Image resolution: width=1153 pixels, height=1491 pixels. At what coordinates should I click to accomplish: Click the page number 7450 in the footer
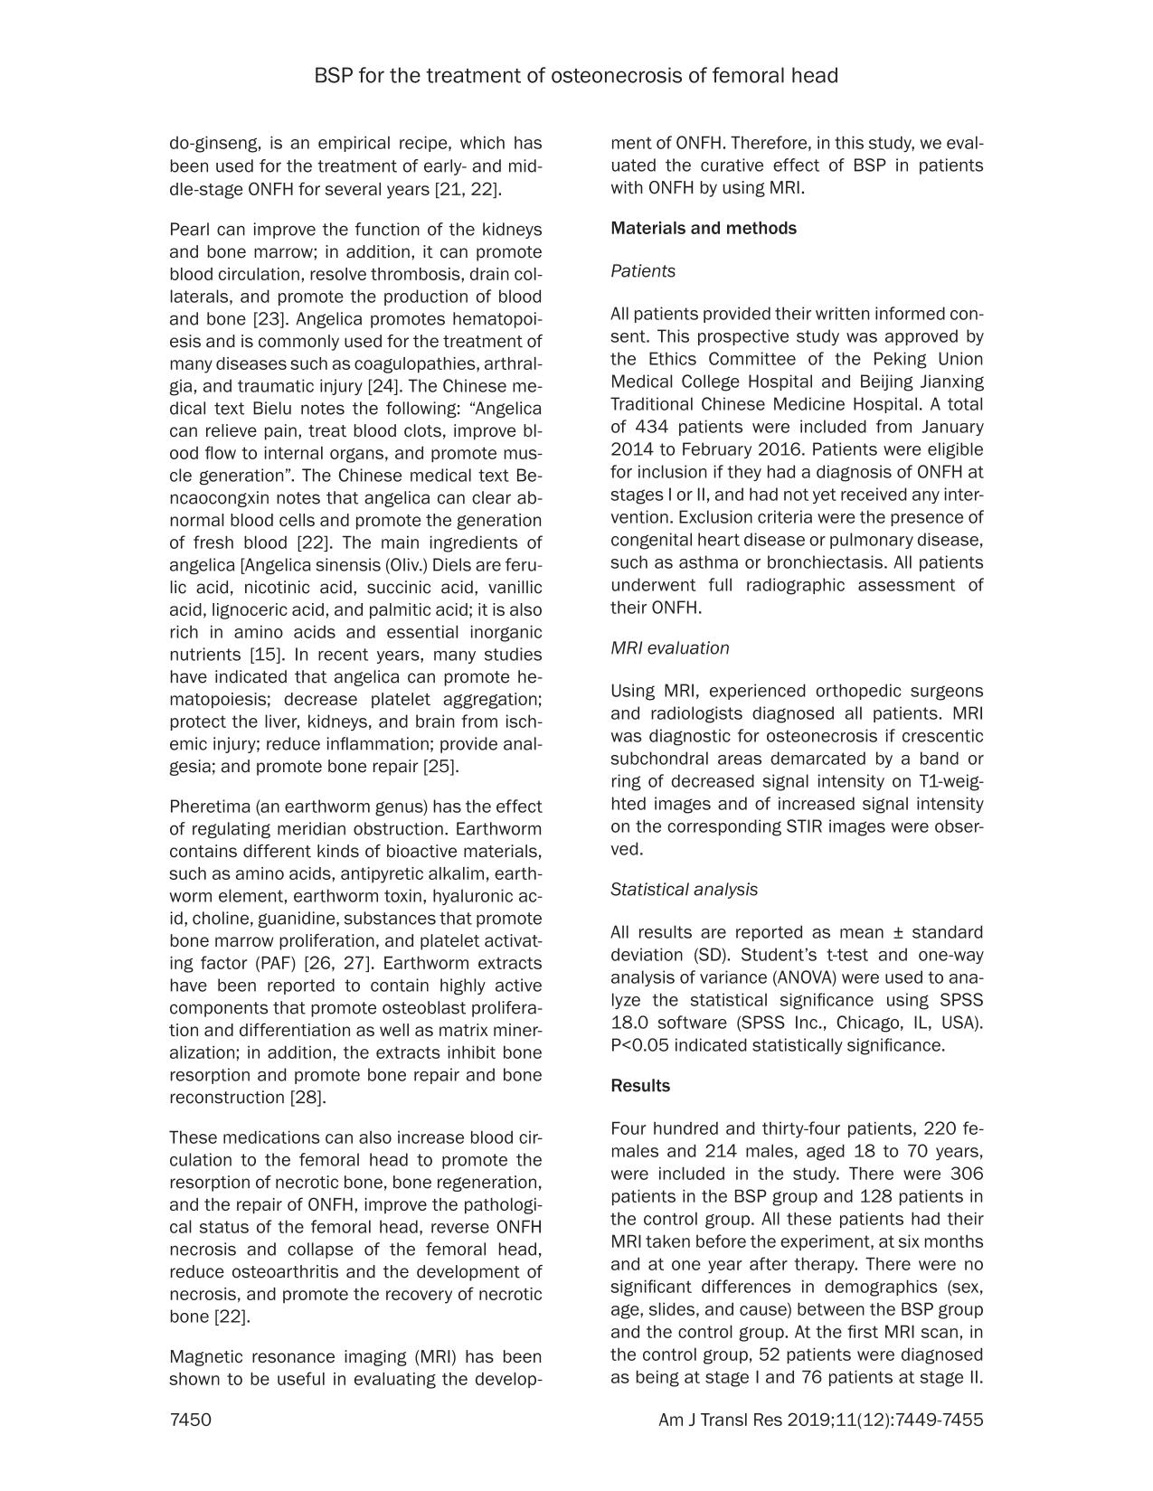pyautogui.click(x=190, y=1420)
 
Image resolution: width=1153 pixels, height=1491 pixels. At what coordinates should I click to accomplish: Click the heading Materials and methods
pyautogui.click(x=704, y=228)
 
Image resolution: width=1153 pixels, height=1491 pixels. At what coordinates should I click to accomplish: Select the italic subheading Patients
pyautogui.click(x=642, y=271)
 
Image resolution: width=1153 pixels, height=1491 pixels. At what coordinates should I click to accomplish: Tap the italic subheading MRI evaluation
pyautogui.click(x=669, y=648)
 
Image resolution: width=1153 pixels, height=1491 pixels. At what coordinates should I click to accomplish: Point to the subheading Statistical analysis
pyautogui.click(x=684, y=890)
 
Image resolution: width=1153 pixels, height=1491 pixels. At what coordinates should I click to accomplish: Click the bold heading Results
pyautogui.click(x=640, y=1086)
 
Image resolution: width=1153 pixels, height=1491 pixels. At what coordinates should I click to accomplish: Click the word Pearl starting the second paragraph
pyautogui.click(x=188, y=230)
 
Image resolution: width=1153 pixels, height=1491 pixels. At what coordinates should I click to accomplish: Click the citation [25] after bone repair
pyautogui.click(x=440, y=767)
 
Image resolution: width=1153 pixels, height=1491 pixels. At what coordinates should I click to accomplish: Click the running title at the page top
pyautogui.click(x=576, y=76)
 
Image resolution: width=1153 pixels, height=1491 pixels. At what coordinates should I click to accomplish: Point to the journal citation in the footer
pyautogui.click(x=820, y=1420)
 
